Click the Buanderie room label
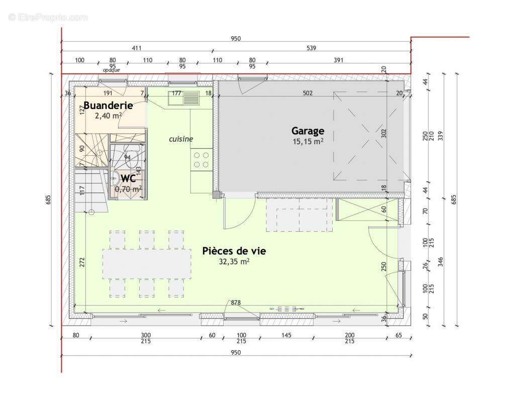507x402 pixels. pos(108,106)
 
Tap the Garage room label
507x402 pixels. pos(308,131)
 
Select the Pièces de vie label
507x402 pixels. pos(234,251)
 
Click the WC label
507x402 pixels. pos(128,178)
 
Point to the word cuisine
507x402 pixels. pos(180,139)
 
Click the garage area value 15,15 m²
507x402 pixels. pos(308,142)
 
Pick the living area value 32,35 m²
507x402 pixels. pos(234,261)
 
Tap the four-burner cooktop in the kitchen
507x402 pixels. pos(201,160)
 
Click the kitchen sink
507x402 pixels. pos(191,97)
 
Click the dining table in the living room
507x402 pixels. pos(147,263)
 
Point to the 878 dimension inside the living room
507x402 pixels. pos(236,303)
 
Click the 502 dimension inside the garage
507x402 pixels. pos(308,93)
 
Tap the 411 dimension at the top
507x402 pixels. pos(136,48)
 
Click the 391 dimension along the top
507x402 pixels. pos(338,60)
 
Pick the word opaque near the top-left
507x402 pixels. pos(112,70)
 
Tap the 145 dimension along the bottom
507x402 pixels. pos(287,335)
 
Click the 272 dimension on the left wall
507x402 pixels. pos(82,261)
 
